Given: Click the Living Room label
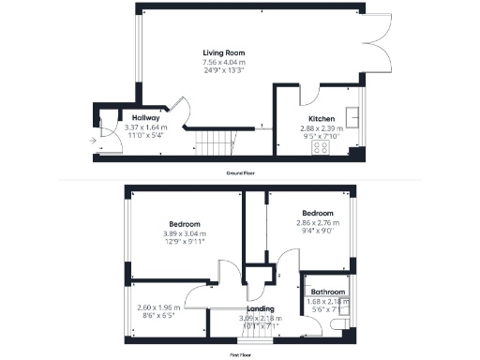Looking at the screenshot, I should [225, 52].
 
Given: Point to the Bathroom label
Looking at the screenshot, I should [328, 292].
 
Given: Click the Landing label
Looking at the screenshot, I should [260, 308].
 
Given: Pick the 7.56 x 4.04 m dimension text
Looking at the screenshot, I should [225, 62].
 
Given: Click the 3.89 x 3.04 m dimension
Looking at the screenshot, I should [184, 233].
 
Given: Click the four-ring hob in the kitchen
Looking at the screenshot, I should [322, 147].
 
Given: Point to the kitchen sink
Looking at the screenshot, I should [355, 117].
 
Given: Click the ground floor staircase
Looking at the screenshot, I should [215, 142].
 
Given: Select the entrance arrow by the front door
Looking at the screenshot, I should [91, 140].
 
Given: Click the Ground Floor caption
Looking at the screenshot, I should [241, 174].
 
